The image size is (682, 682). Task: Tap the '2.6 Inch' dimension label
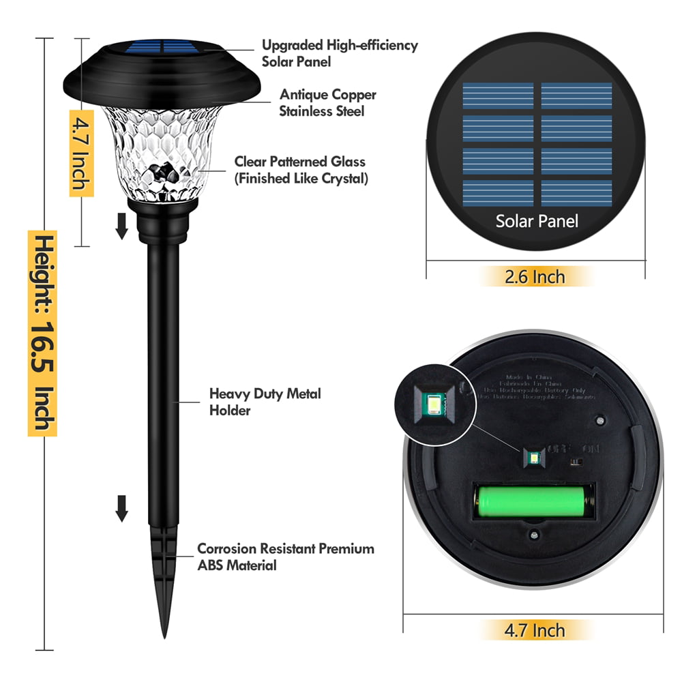point(534,277)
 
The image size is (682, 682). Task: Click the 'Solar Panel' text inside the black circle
point(537,221)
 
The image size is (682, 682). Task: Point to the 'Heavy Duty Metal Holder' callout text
point(264,402)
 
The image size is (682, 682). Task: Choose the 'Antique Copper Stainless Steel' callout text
point(327,103)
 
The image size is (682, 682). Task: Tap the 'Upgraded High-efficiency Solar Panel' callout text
point(339,53)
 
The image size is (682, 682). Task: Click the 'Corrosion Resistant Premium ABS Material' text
point(285,557)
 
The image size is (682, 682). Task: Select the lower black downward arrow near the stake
point(122,508)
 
